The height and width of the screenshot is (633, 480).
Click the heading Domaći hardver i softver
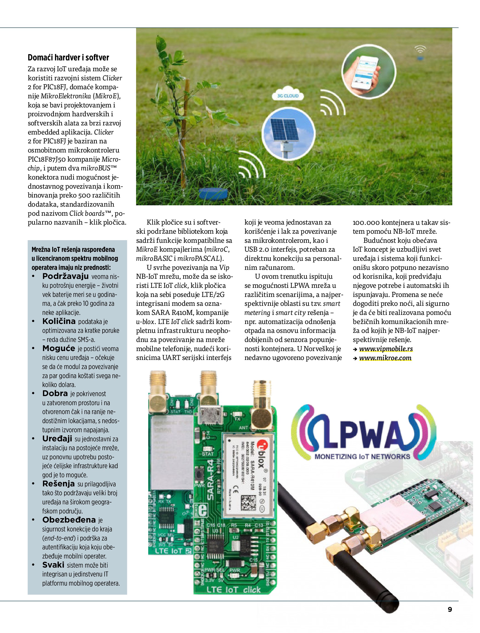(x=68, y=58)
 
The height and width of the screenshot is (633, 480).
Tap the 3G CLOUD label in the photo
(x=288, y=96)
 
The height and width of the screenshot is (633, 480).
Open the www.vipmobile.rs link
(x=386, y=349)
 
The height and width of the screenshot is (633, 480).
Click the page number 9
(x=450, y=609)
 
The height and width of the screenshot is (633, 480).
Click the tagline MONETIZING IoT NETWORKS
(x=362, y=457)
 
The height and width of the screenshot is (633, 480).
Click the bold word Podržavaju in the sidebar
(x=65, y=276)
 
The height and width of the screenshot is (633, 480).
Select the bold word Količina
(x=59, y=321)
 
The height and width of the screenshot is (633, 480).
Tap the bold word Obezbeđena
(x=69, y=520)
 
